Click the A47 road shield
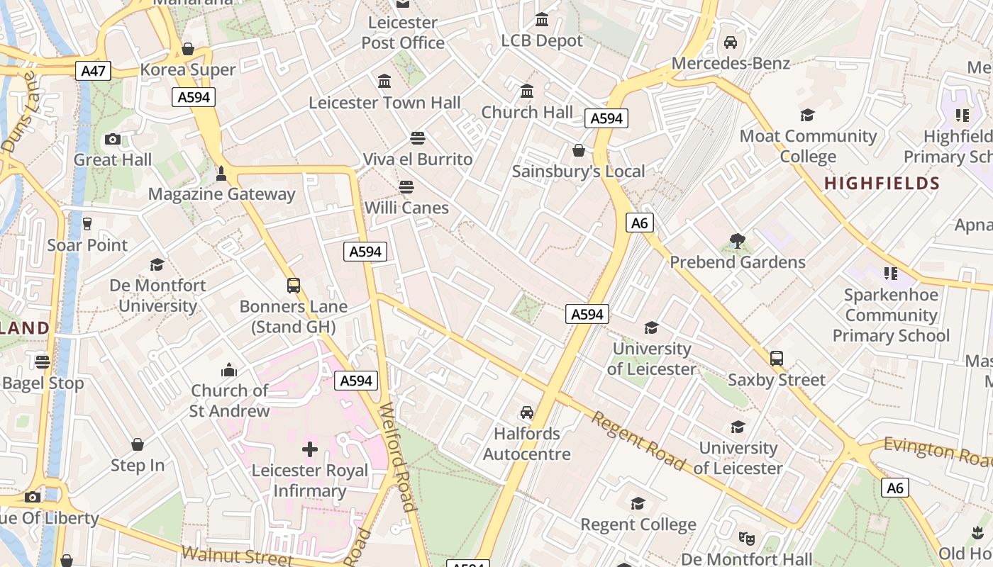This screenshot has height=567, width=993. tap(93, 70)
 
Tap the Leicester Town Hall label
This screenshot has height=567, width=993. tap(384, 103)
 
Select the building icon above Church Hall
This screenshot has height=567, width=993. tap(527, 91)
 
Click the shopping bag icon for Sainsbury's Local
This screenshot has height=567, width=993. tap(579, 150)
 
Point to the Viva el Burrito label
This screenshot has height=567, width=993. tap(418, 159)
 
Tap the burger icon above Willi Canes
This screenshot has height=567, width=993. tap(406, 187)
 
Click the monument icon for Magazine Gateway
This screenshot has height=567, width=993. tap(221, 174)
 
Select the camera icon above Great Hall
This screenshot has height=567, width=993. tap(113, 139)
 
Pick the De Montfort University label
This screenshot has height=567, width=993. tap(157, 296)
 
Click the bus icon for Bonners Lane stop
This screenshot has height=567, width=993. tap(294, 286)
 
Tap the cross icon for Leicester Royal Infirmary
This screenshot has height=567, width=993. tap(310, 449)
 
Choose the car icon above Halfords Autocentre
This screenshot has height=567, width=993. tap(526, 412)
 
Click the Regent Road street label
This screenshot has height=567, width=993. tap(638, 442)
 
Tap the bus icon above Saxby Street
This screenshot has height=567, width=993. tap(777, 359)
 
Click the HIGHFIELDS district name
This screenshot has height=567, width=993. tap(882, 184)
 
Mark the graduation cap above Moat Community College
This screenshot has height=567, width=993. tap(807, 115)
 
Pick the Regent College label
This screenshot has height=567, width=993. tap(638, 524)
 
